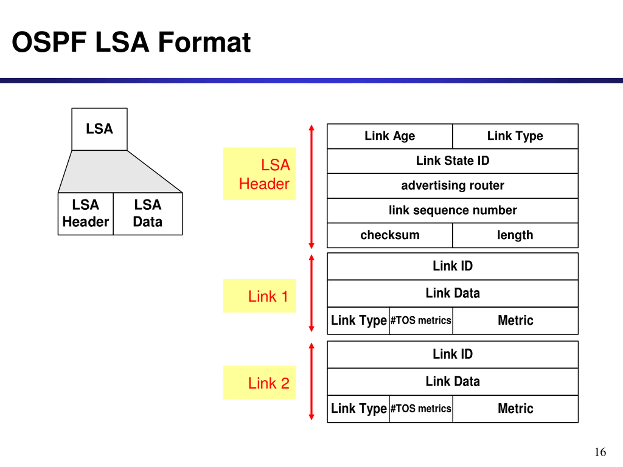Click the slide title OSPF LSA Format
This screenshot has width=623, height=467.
131,42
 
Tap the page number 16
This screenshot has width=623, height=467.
600,452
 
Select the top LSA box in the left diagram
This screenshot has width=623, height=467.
100,129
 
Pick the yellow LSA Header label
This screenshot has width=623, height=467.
259,174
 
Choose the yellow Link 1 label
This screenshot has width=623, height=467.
259,296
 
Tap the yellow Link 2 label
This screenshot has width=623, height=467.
259,383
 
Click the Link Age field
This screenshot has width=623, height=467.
390,136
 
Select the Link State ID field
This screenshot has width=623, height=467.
453,161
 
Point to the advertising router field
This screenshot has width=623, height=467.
453,186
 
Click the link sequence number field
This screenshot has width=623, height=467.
453,211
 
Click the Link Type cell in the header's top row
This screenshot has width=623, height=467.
515,136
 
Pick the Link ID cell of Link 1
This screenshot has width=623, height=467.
453,266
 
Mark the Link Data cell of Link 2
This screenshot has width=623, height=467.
453,382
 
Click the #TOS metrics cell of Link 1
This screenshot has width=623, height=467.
421,321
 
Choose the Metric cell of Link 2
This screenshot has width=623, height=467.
515,409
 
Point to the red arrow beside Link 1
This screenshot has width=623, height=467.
311,293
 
